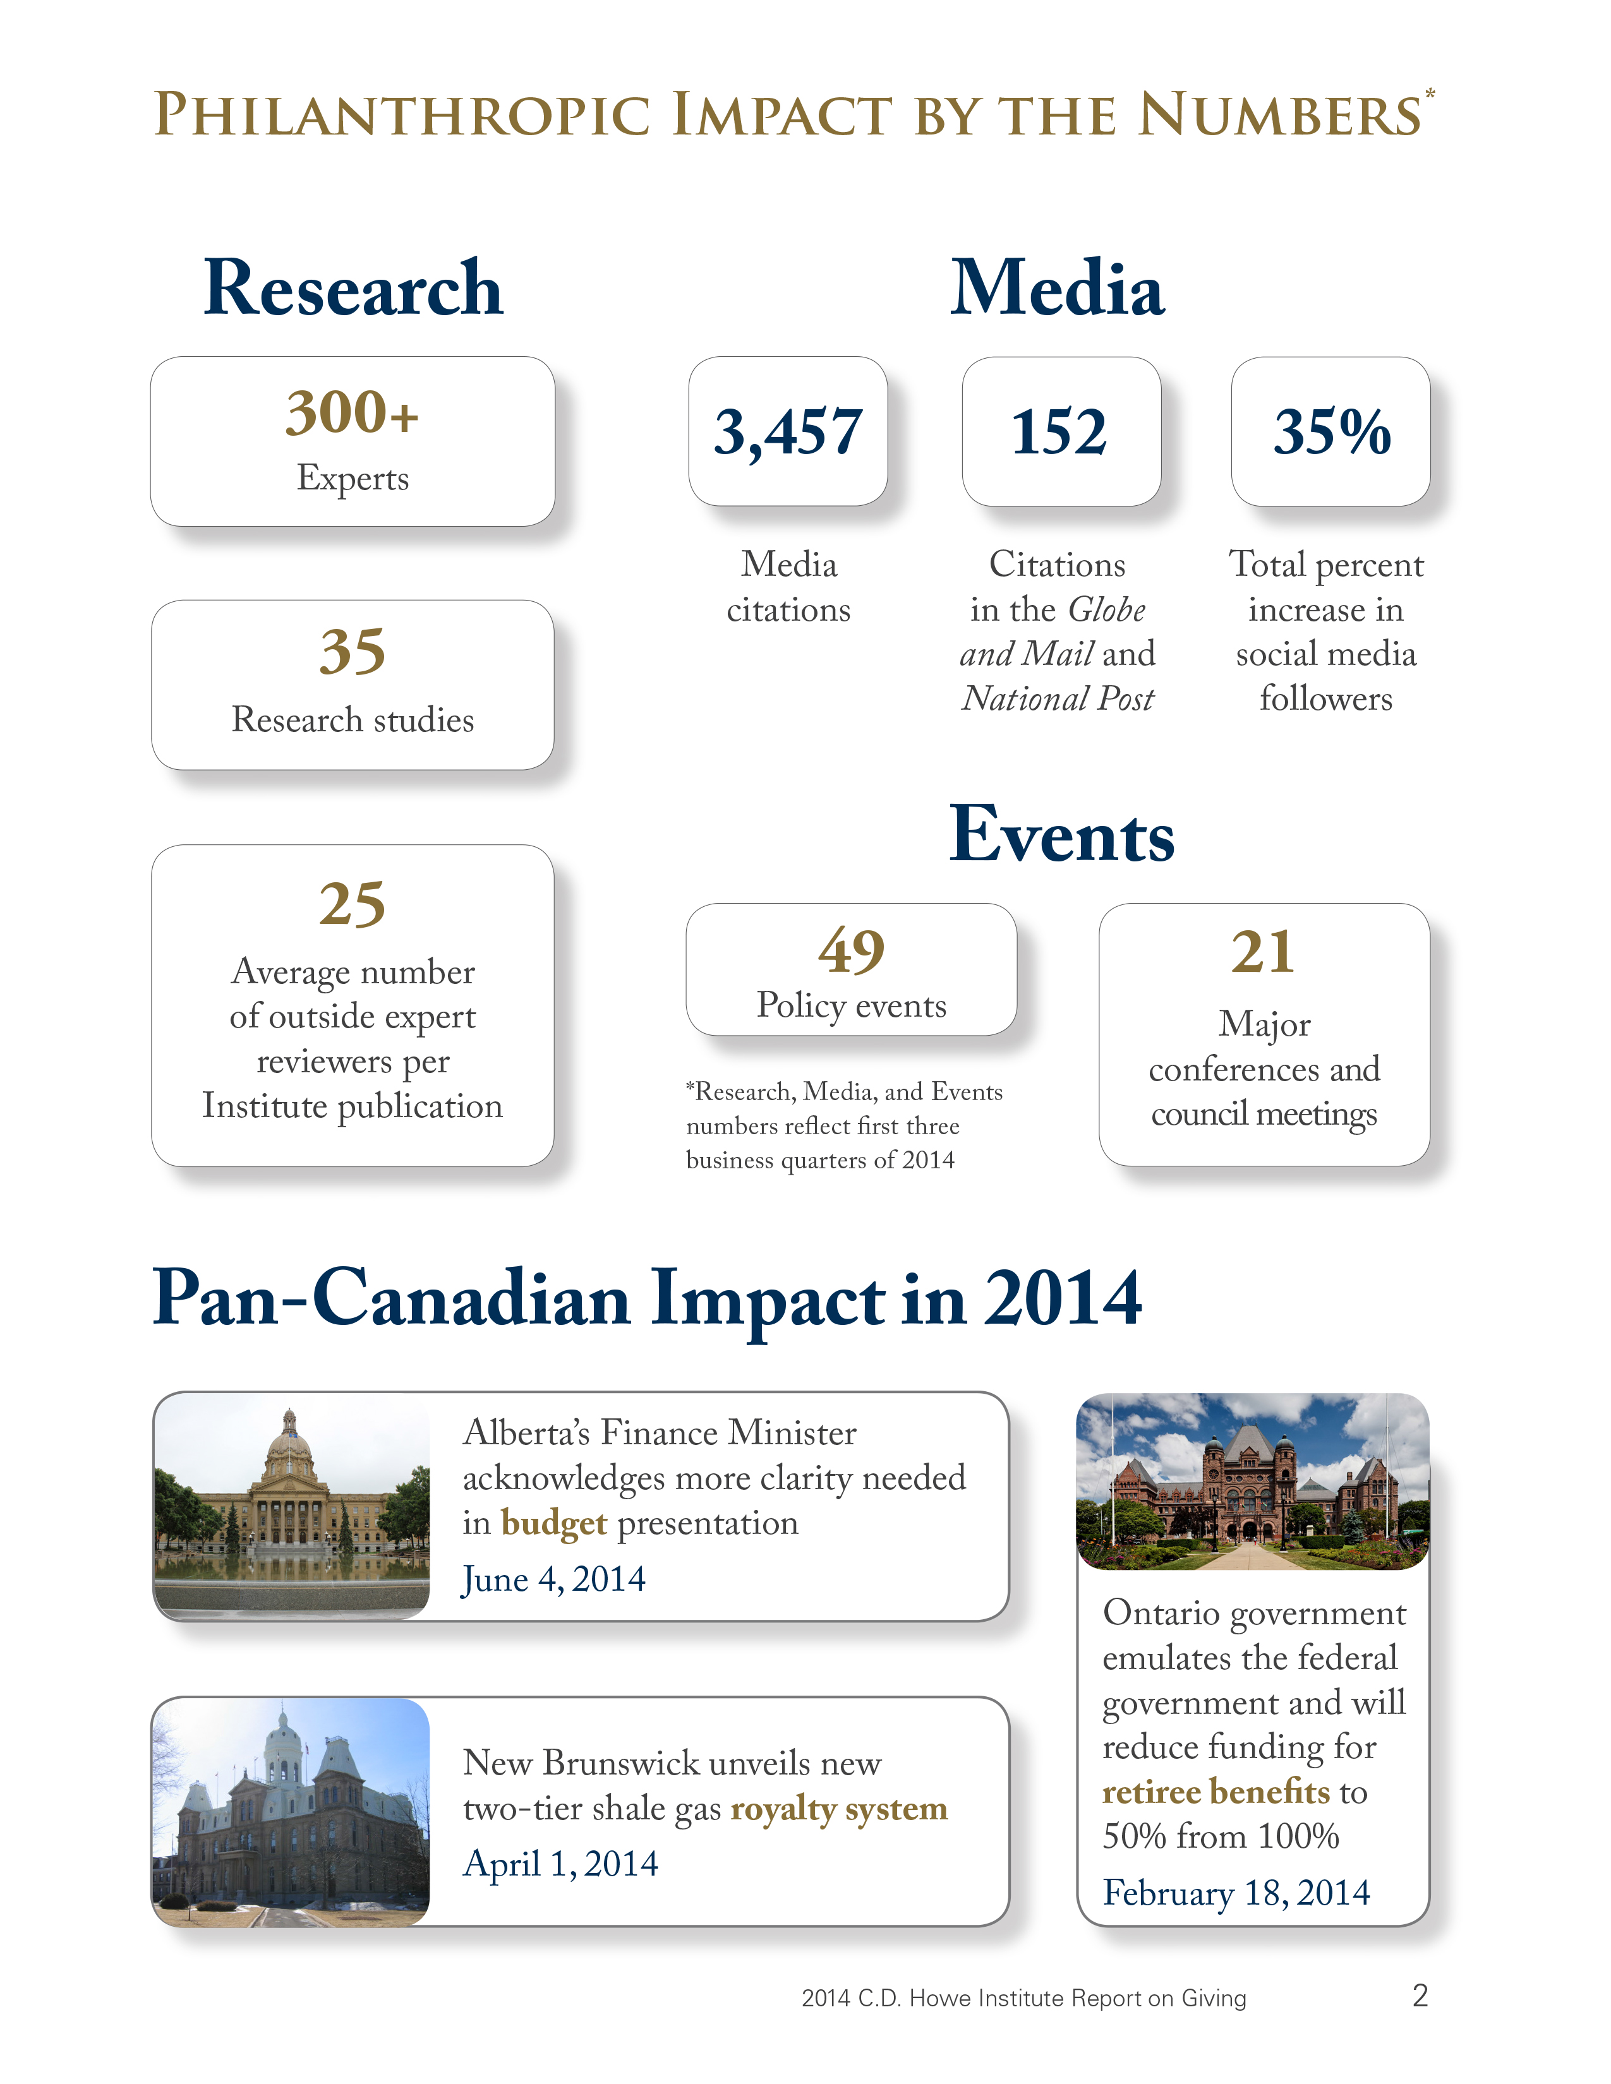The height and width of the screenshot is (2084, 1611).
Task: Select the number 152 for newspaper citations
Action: point(1059,432)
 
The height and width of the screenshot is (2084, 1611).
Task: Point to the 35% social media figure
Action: point(1331,432)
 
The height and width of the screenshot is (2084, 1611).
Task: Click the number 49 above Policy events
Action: point(852,950)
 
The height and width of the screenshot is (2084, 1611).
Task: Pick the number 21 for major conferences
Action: point(1263,951)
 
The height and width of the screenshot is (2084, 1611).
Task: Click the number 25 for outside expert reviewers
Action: point(352,904)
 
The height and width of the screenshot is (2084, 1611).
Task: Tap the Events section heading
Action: point(1061,835)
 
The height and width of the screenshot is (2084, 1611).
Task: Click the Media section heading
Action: point(1058,288)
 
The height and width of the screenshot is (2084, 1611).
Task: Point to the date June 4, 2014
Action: point(553,1579)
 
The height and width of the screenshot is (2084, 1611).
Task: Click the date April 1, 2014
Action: point(560,1864)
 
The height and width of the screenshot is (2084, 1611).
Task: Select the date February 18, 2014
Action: point(1236,1892)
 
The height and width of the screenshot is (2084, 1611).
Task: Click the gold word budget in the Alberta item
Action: point(553,1524)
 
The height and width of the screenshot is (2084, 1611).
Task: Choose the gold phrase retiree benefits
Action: point(1216,1792)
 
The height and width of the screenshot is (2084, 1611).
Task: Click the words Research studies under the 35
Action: point(352,719)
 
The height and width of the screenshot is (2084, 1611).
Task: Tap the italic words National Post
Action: point(1058,698)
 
